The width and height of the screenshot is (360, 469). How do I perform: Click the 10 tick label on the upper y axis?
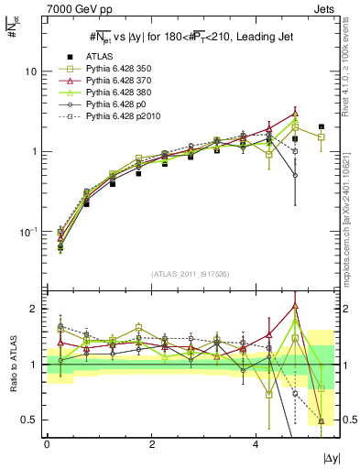point(31,71)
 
